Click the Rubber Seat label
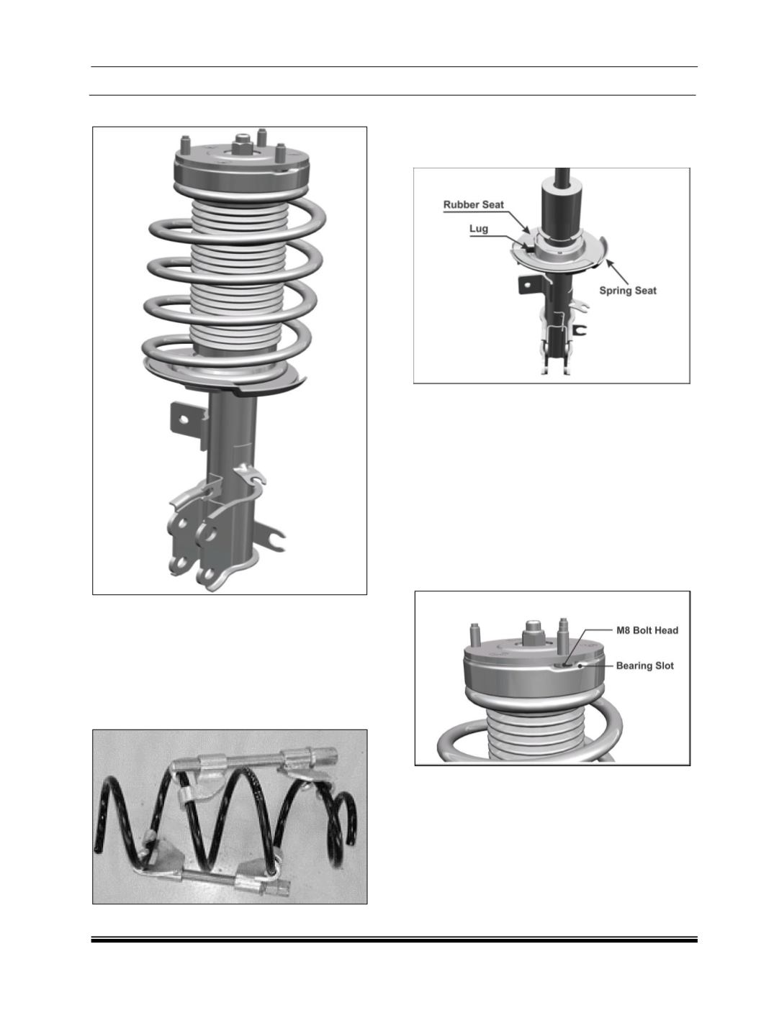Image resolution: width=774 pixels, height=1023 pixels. coord(473,204)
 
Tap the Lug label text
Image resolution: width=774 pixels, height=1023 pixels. coord(478,229)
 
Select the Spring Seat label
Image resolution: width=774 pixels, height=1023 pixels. coord(628,291)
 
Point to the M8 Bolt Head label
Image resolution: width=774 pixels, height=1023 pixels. coord(647,630)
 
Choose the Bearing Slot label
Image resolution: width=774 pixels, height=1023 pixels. coord(645,665)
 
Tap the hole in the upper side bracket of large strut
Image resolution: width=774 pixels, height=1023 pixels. coord(184,420)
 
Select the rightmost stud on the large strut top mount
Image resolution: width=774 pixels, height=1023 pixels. coord(280,152)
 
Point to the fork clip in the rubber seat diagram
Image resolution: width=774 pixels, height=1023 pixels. coord(581,329)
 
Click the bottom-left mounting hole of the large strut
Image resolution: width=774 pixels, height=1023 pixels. coord(180,563)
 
